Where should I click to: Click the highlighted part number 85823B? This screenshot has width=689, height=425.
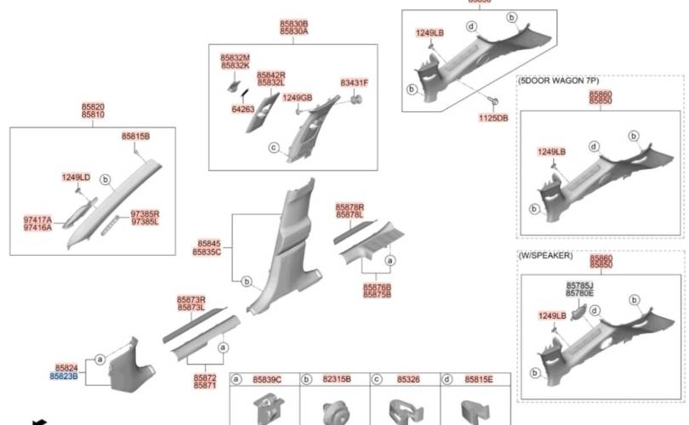63,375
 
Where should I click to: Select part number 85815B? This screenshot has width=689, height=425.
135,136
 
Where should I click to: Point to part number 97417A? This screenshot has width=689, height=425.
37,219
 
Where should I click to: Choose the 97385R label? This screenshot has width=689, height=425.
145,214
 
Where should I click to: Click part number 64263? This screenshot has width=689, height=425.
242,109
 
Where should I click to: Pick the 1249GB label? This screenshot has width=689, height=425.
297,97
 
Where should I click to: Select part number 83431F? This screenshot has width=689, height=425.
354,82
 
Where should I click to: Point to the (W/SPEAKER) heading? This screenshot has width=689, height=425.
545,256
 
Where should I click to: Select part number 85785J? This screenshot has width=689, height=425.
579,286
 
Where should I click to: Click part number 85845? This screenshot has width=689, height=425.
208,243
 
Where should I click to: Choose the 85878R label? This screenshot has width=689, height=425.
350,207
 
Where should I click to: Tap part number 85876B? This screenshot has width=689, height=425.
377,286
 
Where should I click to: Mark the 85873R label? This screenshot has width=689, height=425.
191,299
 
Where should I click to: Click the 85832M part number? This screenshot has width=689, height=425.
235,57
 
